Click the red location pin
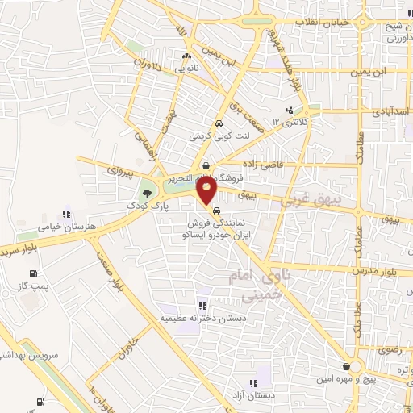click(x=207, y=190)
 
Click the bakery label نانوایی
click(x=186, y=69)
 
